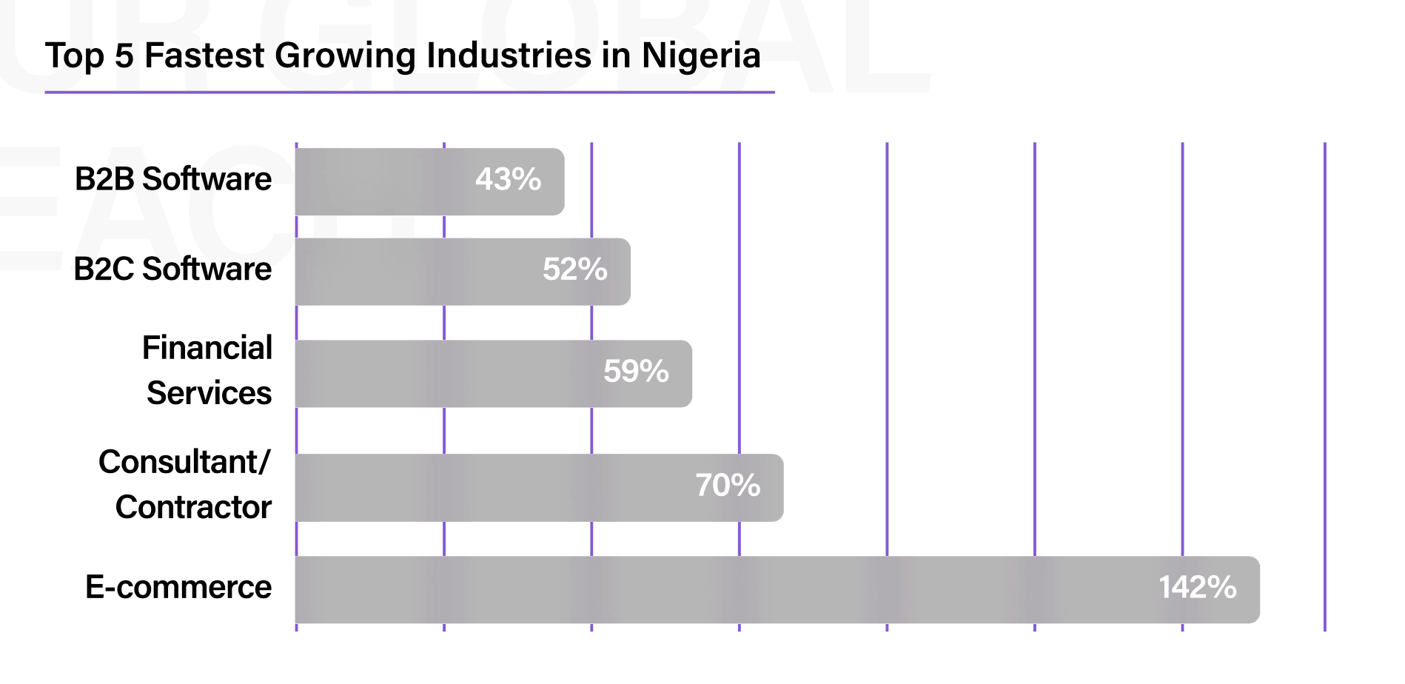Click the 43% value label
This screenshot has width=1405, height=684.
(x=508, y=180)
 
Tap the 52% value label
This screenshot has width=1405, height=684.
(x=574, y=269)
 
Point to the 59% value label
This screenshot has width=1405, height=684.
(x=636, y=372)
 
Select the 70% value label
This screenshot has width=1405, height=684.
(x=728, y=486)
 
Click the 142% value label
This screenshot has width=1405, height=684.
(x=1197, y=588)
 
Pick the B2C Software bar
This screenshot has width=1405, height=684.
(x=415, y=272)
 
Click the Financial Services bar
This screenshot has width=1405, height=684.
(x=444, y=374)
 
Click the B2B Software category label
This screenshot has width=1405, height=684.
(x=173, y=180)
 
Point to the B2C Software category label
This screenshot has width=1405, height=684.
(x=172, y=269)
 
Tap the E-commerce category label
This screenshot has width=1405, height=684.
(x=178, y=588)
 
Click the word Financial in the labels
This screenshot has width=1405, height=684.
(x=207, y=348)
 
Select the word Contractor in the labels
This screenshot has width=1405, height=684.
(x=193, y=508)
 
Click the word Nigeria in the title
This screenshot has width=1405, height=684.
(x=701, y=56)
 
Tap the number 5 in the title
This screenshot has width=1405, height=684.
(x=124, y=56)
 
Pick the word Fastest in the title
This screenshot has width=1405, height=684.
(x=204, y=56)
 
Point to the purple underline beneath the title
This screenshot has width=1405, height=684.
(x=409, y=93)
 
